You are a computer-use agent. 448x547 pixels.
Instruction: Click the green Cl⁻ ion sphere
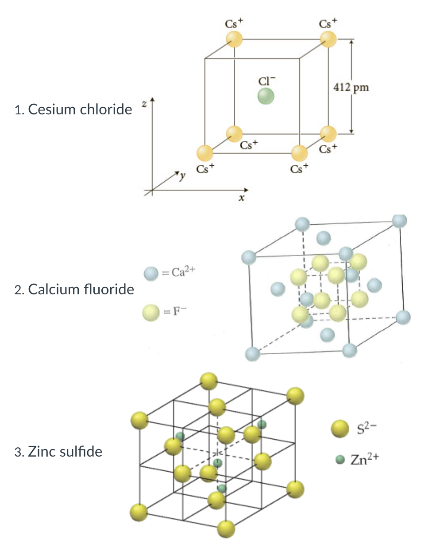pos(266,95)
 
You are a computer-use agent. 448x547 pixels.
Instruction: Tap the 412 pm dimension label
pos(351,87)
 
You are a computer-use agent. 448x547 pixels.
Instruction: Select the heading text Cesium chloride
pos(80,109)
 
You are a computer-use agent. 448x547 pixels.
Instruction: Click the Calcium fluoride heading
pos(81,289)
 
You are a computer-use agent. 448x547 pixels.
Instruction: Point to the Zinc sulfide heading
pos(65,452)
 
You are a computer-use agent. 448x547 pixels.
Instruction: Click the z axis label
pos(143,103)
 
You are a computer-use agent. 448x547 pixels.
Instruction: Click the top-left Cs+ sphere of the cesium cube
pos(234,39)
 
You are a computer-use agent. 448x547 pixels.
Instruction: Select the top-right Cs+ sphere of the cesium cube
pos(328,39)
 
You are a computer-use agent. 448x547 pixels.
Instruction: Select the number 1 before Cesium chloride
pos(17,110)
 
